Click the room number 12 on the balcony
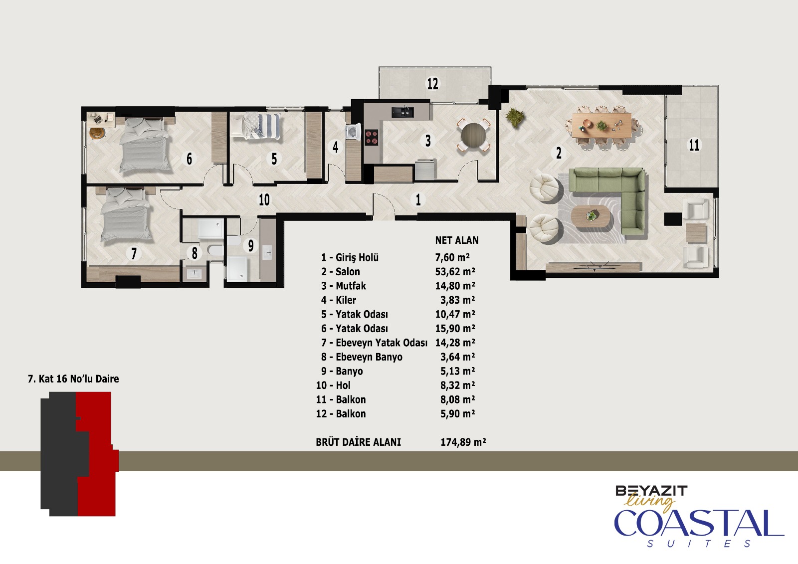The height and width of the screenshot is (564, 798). [432, 84]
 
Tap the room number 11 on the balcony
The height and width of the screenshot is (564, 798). [694, 145]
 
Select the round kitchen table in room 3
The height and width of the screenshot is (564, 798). [473, 136]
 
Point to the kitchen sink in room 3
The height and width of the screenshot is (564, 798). [402, 112]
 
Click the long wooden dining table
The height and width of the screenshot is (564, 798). [602, 125]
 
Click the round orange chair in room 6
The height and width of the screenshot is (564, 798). [97, 133]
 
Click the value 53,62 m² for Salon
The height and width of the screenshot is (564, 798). [455, 272]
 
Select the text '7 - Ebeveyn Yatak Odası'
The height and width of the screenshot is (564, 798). [374, 343]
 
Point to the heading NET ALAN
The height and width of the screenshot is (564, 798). [457, 240]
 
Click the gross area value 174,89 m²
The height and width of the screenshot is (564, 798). [463, 442]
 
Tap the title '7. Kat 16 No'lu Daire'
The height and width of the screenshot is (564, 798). [73, 378]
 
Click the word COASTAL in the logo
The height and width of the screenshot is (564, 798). [699, 523]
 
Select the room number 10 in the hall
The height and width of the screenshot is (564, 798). [264, 200]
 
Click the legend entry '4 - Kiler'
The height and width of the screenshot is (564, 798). [339, 300]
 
